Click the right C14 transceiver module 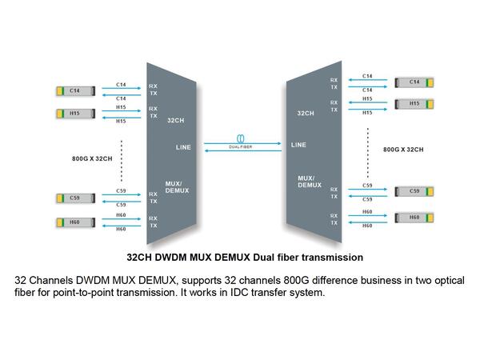[x=414, y=82]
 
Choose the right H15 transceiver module [x=414, y=104]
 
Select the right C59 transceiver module [x=414, y=191]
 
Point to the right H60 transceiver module [x=414, y=218]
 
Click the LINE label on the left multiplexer [x=183, y=147]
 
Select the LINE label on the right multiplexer [x=298, y=145]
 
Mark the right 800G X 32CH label [x=403, y=150]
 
